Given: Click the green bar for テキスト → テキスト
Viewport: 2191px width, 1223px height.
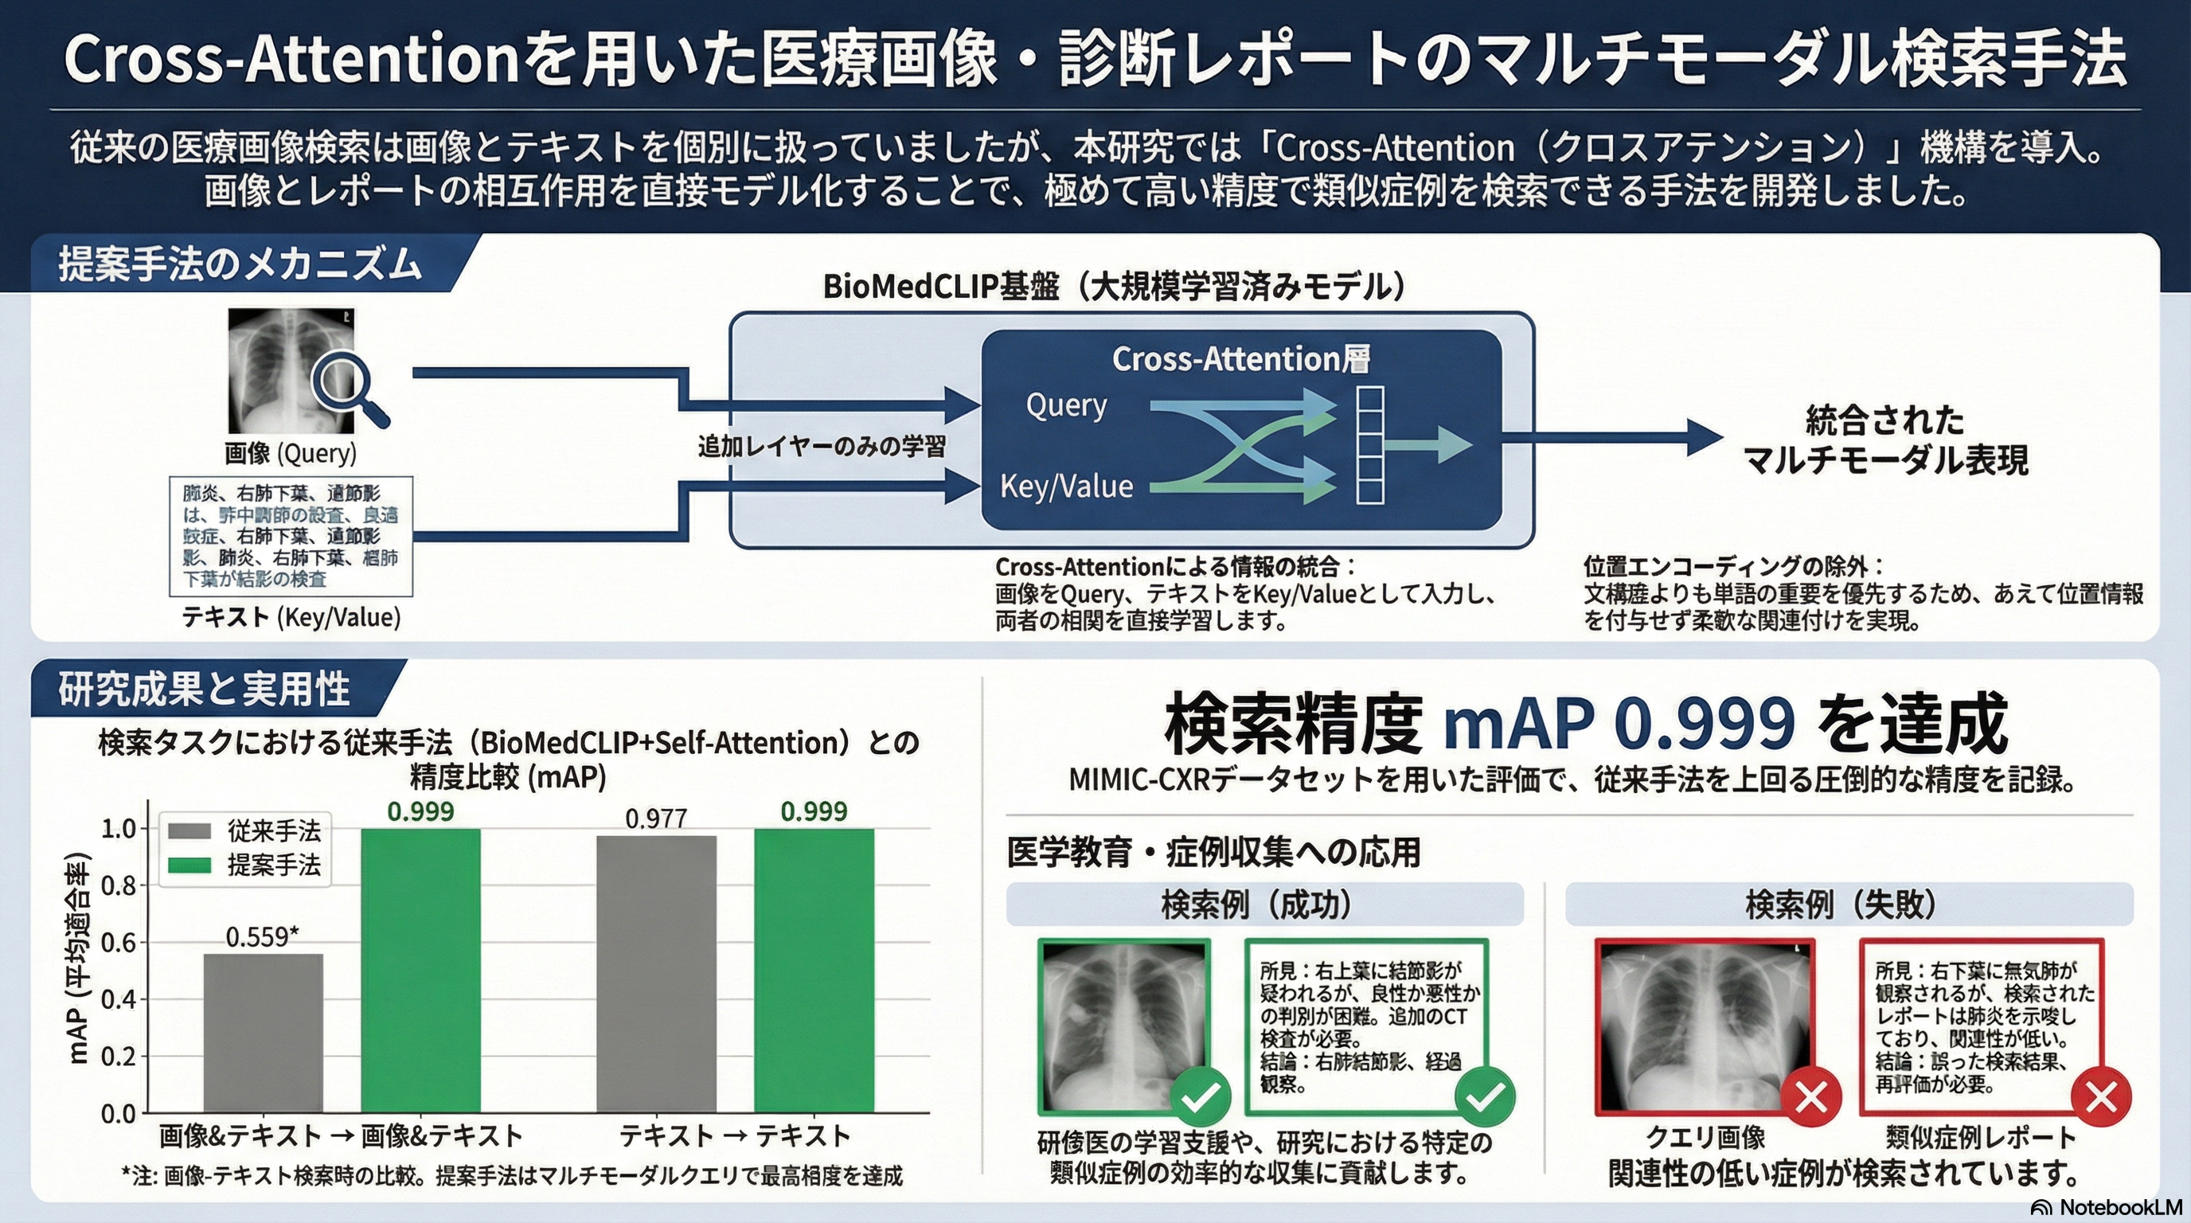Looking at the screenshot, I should pos(814,970).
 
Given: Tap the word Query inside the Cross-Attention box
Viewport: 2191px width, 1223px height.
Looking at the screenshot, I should pos(1067,406).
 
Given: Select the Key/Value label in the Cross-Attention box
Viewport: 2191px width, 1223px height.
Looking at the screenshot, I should pos(1067,486).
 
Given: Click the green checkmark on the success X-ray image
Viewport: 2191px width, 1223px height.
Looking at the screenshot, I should pos(1200,1097).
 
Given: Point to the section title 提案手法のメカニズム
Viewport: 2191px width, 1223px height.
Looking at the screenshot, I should pos(240,264).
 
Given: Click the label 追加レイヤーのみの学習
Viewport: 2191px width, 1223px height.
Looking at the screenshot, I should pos(822,447).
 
